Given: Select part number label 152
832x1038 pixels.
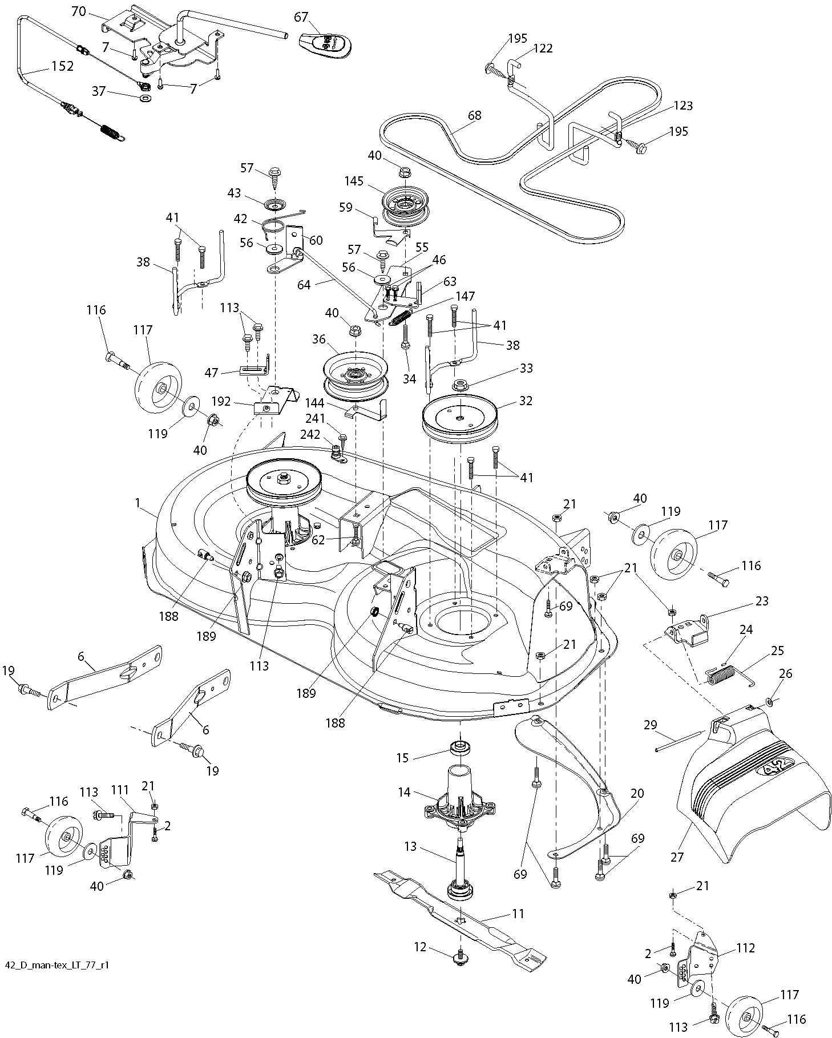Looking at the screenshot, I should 62,66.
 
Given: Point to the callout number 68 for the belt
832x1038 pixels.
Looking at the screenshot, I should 474,115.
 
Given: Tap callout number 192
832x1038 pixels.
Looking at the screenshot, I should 220,401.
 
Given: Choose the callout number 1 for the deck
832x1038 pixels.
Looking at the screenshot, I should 138,503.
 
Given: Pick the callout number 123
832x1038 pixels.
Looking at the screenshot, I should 682,106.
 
